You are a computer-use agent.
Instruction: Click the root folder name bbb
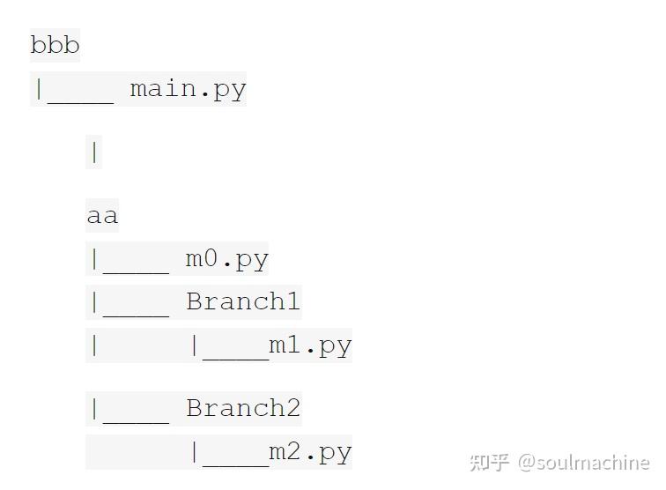click(55, 44)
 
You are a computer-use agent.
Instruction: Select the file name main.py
click(188, 89)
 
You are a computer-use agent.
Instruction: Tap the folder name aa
click(102, 216)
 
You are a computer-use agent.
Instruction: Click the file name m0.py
click(226, 259)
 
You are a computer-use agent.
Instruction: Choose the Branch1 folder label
click(243, 301)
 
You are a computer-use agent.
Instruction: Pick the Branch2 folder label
click(243, 408)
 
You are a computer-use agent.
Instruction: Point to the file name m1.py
click(310, 345)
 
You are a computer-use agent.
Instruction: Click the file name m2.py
click(310, 452)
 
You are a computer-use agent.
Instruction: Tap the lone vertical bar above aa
click(94, 152)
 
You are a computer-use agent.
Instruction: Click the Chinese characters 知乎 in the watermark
click(489, 462)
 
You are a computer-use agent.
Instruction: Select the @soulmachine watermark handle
click(583, 462)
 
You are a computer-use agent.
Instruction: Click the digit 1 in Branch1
click(292, 301)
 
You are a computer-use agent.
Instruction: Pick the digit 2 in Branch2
click(292, 408)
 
